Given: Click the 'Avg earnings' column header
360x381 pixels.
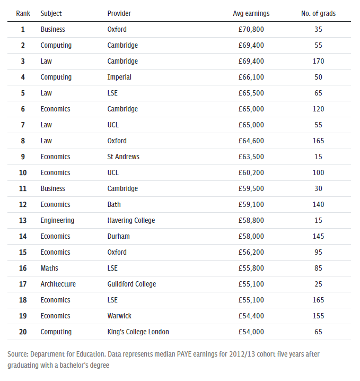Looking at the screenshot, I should coord(251,13).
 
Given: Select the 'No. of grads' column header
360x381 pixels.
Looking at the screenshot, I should coord(318,13).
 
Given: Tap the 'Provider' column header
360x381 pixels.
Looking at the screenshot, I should coord(119,13).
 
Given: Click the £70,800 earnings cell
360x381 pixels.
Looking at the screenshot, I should coord(251,29).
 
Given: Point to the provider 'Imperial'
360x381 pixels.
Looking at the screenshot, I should coord(119,77).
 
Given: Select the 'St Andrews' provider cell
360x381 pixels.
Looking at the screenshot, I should coord(124,157).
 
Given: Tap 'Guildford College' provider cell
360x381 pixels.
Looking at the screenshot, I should coord(131,284).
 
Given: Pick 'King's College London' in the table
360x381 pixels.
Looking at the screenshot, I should coord(138,332).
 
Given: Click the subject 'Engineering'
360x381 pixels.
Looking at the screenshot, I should coord(57,220).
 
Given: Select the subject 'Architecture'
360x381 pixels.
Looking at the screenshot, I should coord(58,284).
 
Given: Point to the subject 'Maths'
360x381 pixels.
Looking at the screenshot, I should coord(49,268).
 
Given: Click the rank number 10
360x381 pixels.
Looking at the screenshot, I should coord(23,172).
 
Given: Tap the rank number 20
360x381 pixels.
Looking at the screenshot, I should coord(23,332).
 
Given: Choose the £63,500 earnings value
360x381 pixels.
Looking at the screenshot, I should coord(251,157).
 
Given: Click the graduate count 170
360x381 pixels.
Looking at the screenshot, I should coord(318,61).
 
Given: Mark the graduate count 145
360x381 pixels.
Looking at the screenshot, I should coord(318,236).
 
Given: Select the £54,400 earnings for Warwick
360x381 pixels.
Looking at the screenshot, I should coord(251,316).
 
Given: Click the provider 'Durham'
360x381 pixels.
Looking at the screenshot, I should coord(118,236).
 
